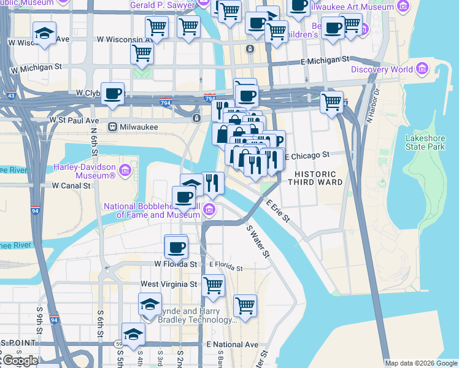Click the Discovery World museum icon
click(423, 69)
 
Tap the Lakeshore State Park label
click(425, 143)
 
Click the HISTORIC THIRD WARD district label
click(310, 178)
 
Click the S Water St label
click(258, 241)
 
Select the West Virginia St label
click(169, 284)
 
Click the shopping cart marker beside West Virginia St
click(213, 285)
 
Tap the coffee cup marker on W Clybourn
click(112, 94)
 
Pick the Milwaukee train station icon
click(112, 127)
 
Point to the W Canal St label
click(72, 185)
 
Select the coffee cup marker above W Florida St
click(176, 248)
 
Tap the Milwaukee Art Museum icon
click(403, 7)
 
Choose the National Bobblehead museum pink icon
click(209, 210)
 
